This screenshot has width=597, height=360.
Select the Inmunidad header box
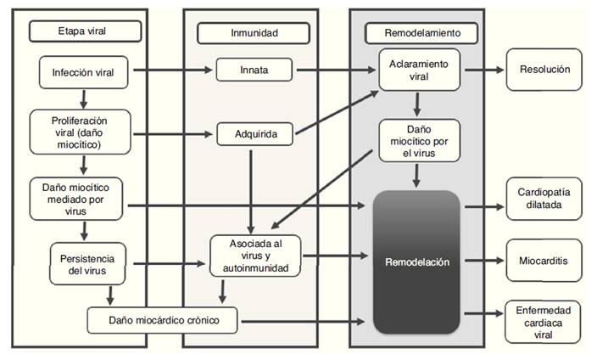pos(250,33)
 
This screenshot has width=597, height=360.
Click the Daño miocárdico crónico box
pos(163,320)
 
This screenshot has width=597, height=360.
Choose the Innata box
pos(249,70)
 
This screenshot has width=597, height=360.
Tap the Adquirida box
pos(249,133)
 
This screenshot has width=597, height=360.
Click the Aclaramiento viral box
pos(420,70)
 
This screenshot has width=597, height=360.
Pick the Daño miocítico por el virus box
pos(420,141)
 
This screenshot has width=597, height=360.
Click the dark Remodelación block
pos(416,262)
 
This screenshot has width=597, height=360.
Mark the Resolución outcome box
pos(544,70)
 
